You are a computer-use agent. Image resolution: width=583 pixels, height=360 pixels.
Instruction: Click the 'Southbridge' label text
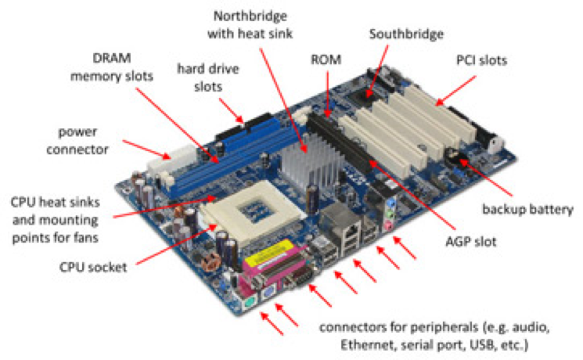(406, 35)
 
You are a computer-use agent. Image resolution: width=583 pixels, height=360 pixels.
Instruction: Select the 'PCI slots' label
(481, 59)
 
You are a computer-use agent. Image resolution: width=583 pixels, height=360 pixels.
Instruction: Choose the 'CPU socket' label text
(93, 265)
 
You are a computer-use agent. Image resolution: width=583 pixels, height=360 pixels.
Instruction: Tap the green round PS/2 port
(245, 301)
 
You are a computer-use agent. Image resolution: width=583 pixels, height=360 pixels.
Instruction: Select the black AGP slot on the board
(345, 145)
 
